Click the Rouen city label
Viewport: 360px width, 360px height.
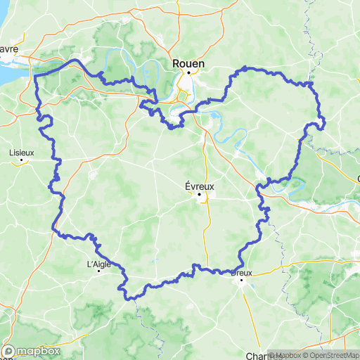tap(188, 63)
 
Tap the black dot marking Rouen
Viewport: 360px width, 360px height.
tap(188, 72)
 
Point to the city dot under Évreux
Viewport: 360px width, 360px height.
tap(199, 194)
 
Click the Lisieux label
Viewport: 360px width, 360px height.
tap(21, 152)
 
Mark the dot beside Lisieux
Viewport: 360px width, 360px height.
tap(22, 160)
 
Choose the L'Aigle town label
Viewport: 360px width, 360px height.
tap(98, 264)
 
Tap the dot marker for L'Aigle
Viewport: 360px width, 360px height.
tap(98, 273)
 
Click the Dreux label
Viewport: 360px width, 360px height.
tap(242, 272)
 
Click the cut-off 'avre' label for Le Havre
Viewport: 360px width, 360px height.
tap(8, 49)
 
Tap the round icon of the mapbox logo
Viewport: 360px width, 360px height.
tap(9, 351)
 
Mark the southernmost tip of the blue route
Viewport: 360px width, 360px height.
tap(129, 299)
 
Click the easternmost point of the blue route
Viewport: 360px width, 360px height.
tap(324, 126)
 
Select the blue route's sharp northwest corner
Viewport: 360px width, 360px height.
tap(35, 75)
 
